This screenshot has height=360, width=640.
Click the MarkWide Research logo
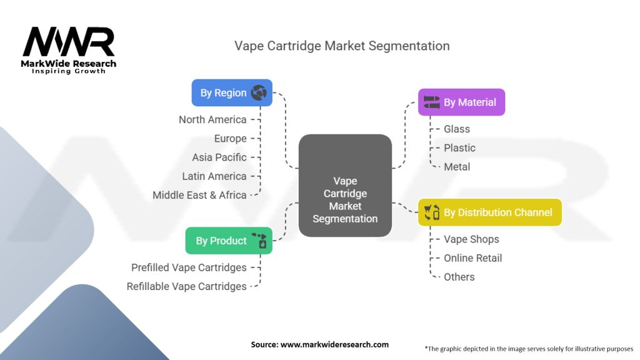[x=69, y=49]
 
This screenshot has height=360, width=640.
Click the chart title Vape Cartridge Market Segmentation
[x=342, y=46]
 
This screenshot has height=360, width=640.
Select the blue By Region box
[x=232, y=93]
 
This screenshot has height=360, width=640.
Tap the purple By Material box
[x=461, y=102]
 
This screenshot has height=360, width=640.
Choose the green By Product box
[x=229, y=241]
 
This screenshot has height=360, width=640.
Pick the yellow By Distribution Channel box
[x=489, y=212]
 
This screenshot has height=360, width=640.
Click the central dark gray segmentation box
[x=345, y=186]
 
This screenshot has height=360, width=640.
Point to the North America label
[x=212, y=119]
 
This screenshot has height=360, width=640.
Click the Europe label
[x=230, y=138]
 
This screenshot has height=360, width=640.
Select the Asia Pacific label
[x=219, y=157]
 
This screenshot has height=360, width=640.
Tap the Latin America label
[x=214, y=176]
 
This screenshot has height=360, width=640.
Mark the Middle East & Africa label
[x=199, y=195]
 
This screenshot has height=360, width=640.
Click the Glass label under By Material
[x=457, y=129]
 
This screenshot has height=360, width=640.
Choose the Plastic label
[x=459, y=147]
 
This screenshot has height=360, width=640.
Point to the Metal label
[x=457, y=167]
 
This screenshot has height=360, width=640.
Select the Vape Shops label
[x=471, y=239]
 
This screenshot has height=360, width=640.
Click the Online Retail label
[x=472, y=258]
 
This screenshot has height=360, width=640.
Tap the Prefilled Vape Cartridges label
[x=189, y=267]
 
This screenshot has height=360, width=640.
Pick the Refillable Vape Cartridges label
[x=186, y=286]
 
